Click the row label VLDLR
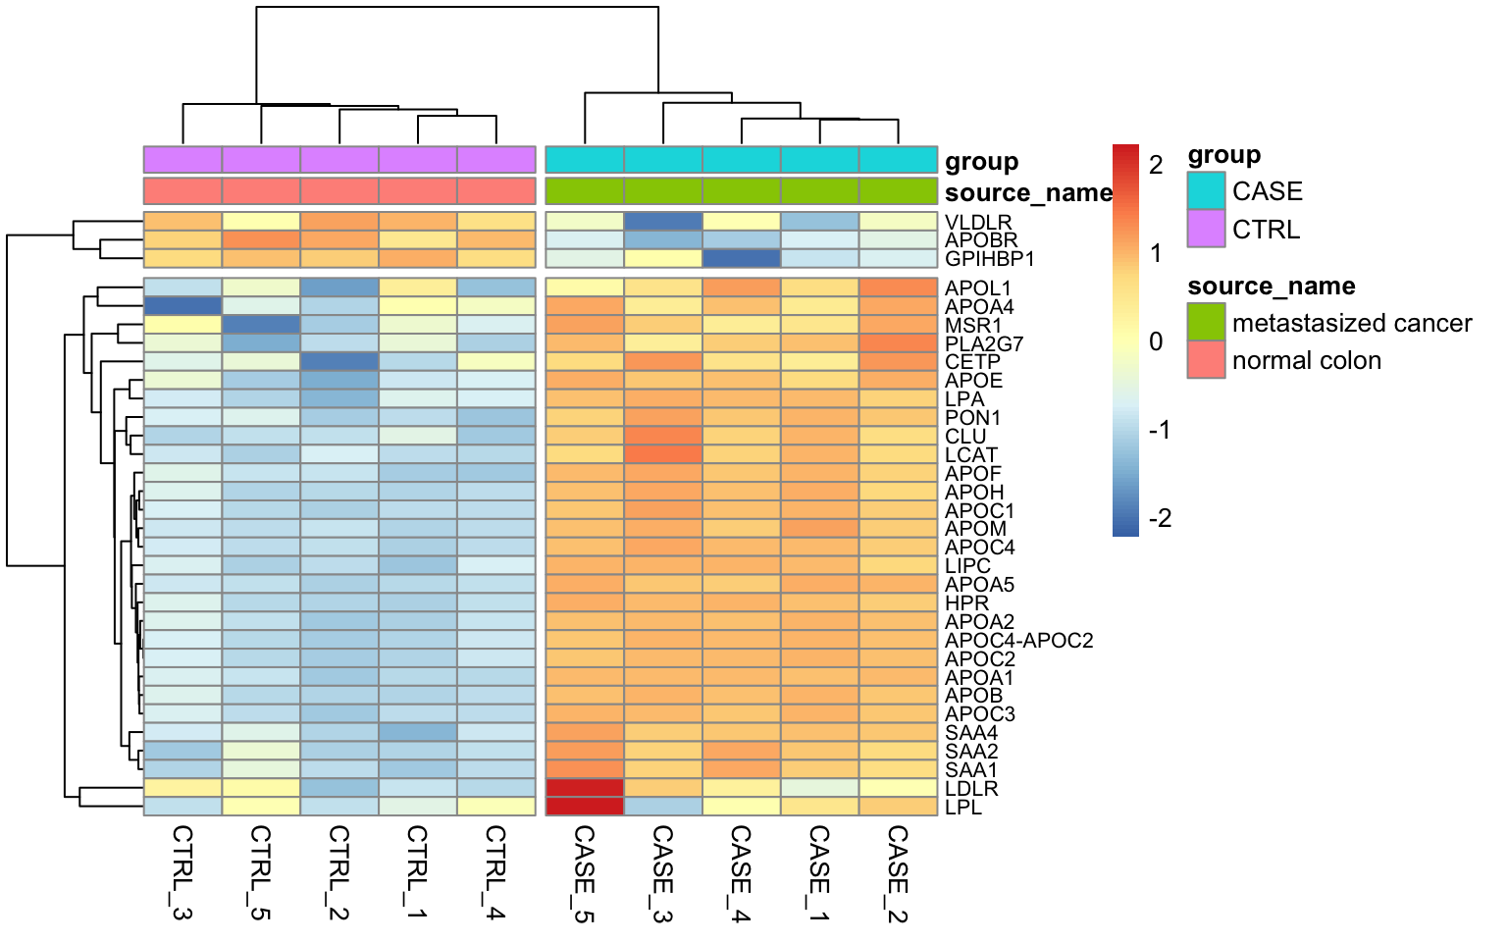point(977,223)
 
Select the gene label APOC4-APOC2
point(1018,641)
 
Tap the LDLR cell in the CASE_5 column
point(585,788)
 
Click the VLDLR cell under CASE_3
point(663,222)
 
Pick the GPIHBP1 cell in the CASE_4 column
point(742,259)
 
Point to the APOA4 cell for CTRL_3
point(182,306)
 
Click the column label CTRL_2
point(338,871)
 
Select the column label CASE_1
point(819,871)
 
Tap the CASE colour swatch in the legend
point(1206,191)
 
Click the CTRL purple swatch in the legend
point(1206,229)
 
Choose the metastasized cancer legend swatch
point(1206,322)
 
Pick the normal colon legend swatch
point(1206,359)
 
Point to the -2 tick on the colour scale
point(1160,518)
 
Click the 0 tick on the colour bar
point(1156,341)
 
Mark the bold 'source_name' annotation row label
point(1028,192)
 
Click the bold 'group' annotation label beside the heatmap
point(981,162)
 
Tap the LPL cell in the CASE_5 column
point(585,807)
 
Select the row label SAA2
point(971,752)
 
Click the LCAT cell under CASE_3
point(663,454)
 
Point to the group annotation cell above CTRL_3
point(182,159)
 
